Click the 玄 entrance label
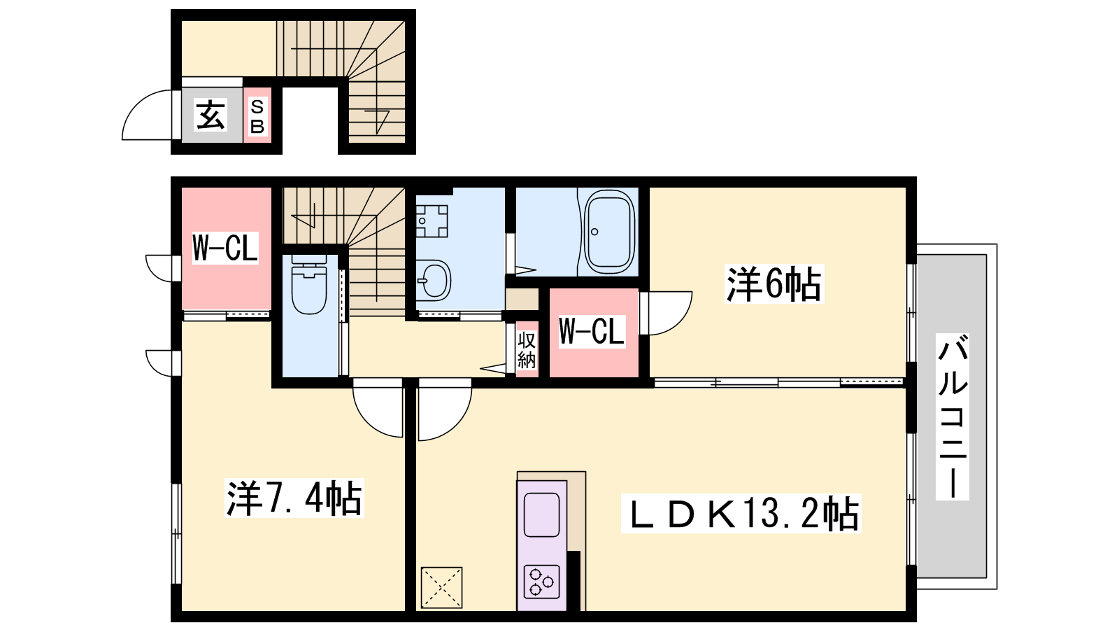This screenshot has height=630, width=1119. (211, 115)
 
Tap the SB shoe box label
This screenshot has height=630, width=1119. (257, 116)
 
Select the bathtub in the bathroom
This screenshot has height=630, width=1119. (608, 232)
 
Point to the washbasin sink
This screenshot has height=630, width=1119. (434, 281)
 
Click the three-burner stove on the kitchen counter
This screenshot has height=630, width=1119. (541, 582)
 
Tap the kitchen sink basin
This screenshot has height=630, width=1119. (541, 514)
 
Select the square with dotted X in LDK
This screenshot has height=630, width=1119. (441, 587)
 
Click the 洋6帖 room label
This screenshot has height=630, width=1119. (774, 284)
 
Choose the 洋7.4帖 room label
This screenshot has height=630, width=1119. (294, 498)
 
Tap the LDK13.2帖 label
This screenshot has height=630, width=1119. (741, 514)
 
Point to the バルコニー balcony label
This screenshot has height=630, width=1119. (953, 416)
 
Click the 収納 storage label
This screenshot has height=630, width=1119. (527, 350)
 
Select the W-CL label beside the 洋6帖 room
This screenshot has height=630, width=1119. (592, 330)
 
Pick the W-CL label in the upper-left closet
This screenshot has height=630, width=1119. (225, 248)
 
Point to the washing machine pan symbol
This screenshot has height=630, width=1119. (432, 221)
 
